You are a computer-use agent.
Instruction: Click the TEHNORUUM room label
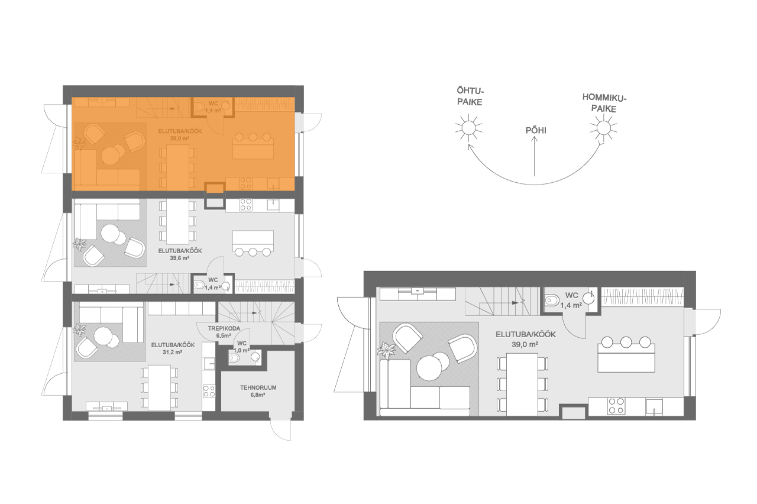(x=258, y=387)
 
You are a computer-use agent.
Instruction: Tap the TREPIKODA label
(x=224, y=328)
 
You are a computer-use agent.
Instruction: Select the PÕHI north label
(x=536, y=131)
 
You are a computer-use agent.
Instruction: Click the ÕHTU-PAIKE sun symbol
(x=469, y=128)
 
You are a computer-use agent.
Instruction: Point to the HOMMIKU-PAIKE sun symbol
(x=604, y=128)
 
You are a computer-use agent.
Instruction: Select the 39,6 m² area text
(x=179, y=258)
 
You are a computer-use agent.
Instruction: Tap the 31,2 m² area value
(x=172, y=352)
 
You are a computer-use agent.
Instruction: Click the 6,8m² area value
(x=258, y=395)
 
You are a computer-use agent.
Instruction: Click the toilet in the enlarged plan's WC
(x=552, y=300)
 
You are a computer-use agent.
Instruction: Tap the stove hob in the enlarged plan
(x=616, y=406)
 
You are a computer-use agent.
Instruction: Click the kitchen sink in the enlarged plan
(x=654, y=406)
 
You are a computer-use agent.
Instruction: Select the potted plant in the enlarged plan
(x=386, y=351)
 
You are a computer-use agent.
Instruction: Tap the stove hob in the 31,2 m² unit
(x=209, y=391)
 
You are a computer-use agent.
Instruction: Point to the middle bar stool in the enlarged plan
(x=626, y=342)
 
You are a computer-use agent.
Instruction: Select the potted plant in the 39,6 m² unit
(x=79, y=244)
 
